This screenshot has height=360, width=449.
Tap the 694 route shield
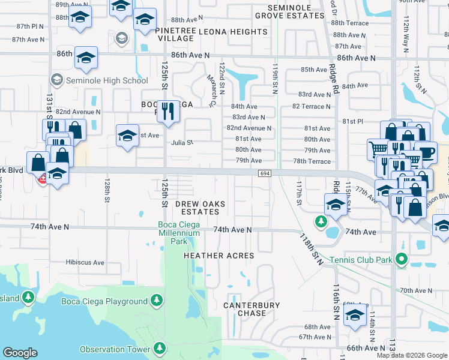tap(265, 173)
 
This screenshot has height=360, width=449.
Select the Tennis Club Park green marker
tap(402, 260)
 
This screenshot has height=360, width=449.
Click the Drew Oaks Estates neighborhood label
tap(200, 208)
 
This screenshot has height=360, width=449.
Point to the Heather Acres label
tap(218, 256)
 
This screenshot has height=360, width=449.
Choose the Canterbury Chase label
tap(252, 309)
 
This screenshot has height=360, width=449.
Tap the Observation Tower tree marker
tap(160, 348)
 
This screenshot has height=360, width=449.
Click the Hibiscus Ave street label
tap(85, 262)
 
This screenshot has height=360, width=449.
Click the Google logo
tap(20, 353)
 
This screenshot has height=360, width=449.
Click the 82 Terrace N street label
tap(312, 106)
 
